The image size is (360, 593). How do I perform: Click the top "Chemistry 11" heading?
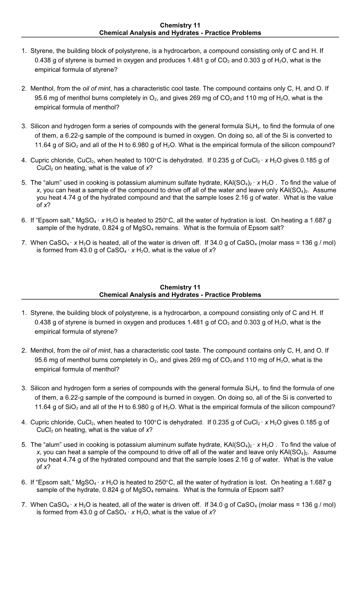180,25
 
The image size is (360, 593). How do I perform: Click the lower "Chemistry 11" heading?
180,287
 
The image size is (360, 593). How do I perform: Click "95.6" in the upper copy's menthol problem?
41,98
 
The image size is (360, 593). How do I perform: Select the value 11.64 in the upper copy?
42,145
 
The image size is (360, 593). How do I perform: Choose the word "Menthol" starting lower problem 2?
41,351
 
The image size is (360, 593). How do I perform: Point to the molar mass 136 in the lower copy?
307,505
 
